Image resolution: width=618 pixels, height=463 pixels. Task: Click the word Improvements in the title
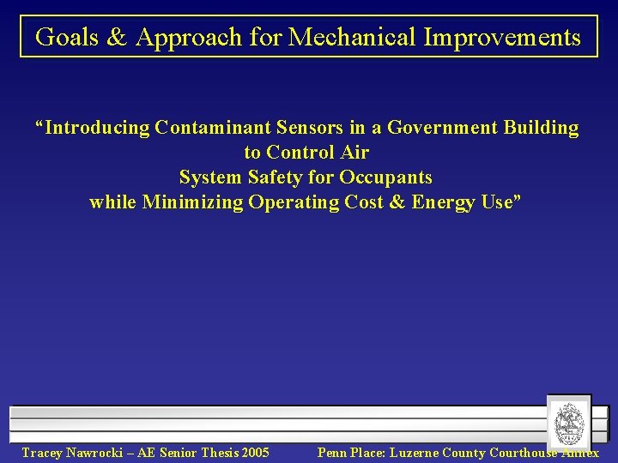pos(512,38)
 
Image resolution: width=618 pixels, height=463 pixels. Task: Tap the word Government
pos(443,128)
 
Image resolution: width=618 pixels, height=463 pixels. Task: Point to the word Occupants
pos(386,177)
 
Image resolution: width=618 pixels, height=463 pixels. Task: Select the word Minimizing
pos(193,202)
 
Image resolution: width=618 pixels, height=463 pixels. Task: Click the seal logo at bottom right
pos(567,422)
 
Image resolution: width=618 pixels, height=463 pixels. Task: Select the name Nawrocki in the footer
pos(96,453)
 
